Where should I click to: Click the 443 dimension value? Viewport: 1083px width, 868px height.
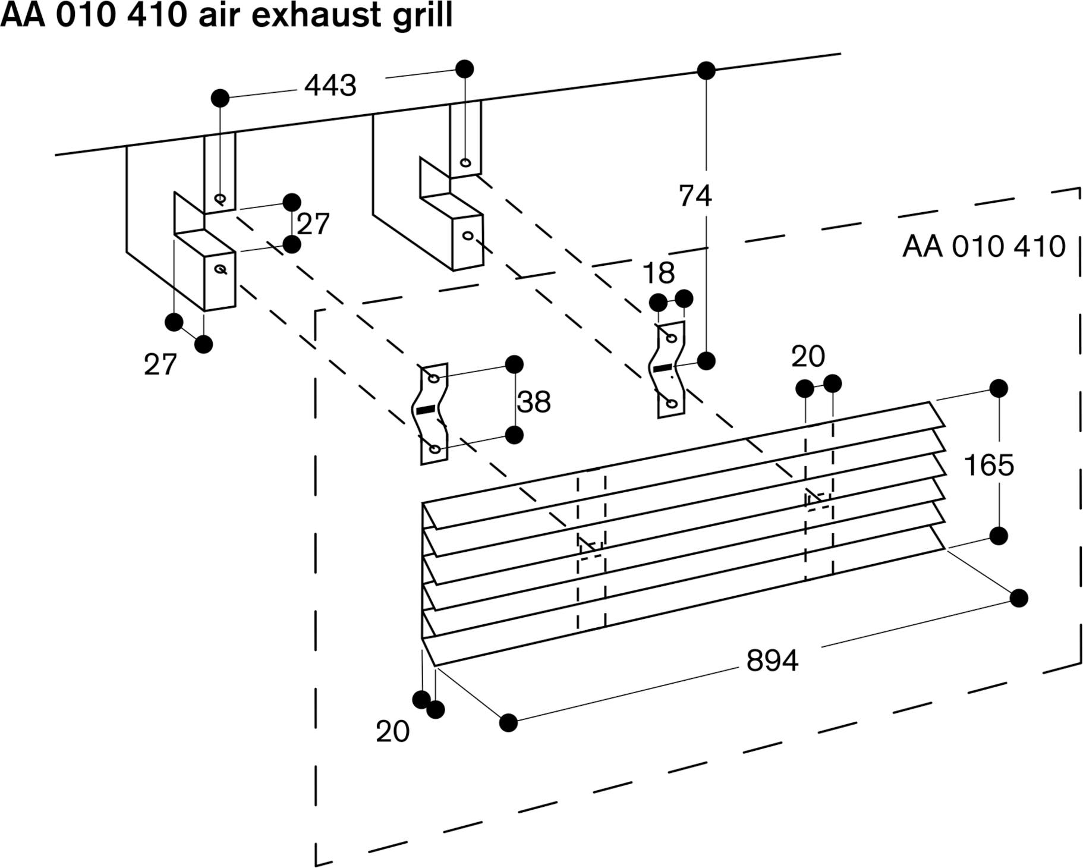tap(330, 86)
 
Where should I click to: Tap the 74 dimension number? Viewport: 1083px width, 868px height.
tap(695, 196)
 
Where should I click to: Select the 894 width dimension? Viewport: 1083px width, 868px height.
tap(772, 660)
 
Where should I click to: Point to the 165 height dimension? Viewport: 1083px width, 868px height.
tap(988, 465)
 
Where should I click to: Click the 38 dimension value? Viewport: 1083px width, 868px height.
tap(534, 402)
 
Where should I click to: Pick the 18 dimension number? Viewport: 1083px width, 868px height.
tap(659, 273)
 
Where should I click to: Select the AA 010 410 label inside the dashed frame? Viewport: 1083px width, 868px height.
tap(984, 246)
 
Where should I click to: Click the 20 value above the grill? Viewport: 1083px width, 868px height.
tap(808, 357)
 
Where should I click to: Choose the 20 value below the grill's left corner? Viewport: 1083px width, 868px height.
tap(392, 731)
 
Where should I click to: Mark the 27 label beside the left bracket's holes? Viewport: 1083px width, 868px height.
tap(313, 224)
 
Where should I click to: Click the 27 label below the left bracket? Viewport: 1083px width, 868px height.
tap(160, 364)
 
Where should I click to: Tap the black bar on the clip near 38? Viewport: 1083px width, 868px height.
tap(426, 410)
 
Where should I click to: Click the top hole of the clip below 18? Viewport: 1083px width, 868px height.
tap(671, 338)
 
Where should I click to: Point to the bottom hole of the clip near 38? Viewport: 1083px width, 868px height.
tap(435, 449)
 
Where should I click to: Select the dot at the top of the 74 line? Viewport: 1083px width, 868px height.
tap(706, 71)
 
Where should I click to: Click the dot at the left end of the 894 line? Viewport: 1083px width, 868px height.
tap(508, 722)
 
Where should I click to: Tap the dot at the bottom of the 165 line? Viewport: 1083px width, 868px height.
tap(999, 536)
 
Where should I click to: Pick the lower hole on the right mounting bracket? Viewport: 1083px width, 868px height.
tap(468, 235)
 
